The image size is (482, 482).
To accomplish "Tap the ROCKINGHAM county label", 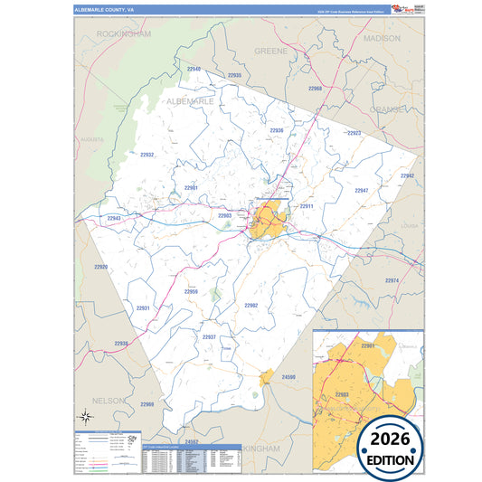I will coord(124,33).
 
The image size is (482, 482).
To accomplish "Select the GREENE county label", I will coord(270,52).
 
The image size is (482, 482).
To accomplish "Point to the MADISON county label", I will coord(381,40).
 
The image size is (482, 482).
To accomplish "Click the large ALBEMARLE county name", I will coord(190,102).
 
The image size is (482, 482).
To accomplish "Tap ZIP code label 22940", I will coord(194,69).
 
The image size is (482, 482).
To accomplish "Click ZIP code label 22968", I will coord(314,89).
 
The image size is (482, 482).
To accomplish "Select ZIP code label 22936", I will coord(277,130).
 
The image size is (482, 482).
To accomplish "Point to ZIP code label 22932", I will coord(146,155).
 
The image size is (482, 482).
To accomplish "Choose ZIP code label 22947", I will coord(361,191).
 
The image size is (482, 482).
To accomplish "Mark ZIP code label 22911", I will coord(306,206).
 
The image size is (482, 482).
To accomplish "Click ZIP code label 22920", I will coord(100,267).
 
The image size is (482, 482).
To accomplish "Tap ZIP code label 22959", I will coord(191,291).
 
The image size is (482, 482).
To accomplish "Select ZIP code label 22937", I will coord(209,336).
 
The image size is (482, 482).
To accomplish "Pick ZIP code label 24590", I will coord(288,375).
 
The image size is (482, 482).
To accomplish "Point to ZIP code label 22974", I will coord(392,280).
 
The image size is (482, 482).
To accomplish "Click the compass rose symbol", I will coord(85,416).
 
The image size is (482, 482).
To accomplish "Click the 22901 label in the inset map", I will coord(367,345).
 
